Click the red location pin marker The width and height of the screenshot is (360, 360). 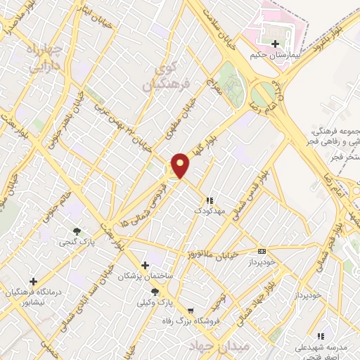pos(181,165)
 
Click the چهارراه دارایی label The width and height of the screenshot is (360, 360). pos(29,58)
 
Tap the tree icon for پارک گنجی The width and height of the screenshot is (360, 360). pos(77,230)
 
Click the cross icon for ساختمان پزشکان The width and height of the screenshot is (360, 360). pos(145,265)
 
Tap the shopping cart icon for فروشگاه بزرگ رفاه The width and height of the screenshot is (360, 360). pos(190,310)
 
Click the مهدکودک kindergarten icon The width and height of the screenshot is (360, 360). pos(210,200)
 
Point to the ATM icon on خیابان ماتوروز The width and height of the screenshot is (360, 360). pos(262,251)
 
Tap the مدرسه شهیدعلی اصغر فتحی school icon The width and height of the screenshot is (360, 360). pos(321,336)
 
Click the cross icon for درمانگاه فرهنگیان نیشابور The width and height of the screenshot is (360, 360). pos(33,281)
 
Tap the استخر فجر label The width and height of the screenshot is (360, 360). pos(342,157)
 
